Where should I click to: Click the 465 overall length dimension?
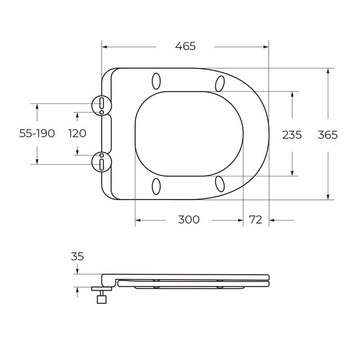tap(185, 46)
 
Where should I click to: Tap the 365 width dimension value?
tap(328, 135)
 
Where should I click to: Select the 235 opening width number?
tap(292, 135)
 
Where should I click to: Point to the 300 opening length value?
tap(189, 220)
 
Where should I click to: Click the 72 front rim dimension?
tap(256, 220)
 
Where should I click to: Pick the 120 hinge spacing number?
tap(77, 133)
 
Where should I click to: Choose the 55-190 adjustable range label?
tap(37, 133)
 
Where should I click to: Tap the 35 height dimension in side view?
tap(77, 256)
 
